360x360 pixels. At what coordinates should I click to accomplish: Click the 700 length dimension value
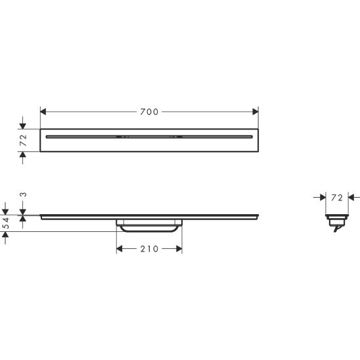149,112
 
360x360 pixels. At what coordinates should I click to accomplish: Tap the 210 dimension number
149,249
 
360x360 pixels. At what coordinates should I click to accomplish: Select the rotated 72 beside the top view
22,139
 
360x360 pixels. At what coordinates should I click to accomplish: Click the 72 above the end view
336,197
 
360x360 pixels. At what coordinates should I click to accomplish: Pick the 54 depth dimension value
6,224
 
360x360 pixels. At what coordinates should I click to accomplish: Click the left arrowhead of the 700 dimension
44,112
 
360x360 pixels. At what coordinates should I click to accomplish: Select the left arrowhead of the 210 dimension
120,249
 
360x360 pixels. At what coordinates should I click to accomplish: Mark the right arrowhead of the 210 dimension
178,249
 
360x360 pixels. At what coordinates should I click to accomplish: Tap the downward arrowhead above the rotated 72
23,125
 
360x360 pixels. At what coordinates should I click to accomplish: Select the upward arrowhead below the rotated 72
23,154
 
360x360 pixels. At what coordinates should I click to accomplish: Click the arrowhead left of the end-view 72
323,196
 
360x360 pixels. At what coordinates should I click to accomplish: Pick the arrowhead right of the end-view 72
350,196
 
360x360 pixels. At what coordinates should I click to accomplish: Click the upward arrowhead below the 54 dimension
6,238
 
